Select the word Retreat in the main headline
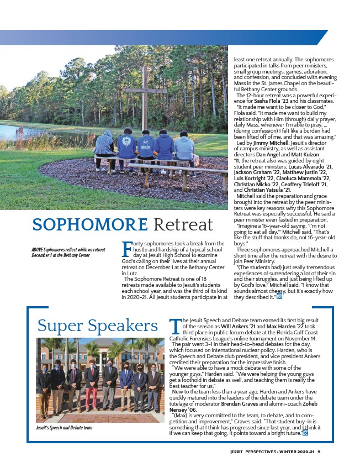pos(183,225)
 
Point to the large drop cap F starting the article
pos(126,248)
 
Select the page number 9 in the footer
pos(319,452)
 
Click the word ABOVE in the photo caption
pos(40,250)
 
